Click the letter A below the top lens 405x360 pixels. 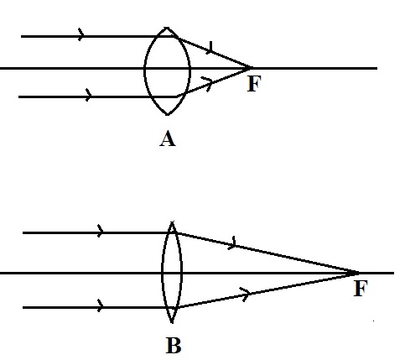167,140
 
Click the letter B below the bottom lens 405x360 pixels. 173,343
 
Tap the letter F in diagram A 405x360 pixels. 253,85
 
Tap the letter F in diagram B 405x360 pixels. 361,290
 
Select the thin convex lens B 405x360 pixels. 172,273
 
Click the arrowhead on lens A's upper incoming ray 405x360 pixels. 81,35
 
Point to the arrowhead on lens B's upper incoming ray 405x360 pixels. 101,231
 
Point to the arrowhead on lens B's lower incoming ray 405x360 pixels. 101,306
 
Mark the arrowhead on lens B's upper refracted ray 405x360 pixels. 234,244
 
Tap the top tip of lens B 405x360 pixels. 172,222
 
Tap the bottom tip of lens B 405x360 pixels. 172,323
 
